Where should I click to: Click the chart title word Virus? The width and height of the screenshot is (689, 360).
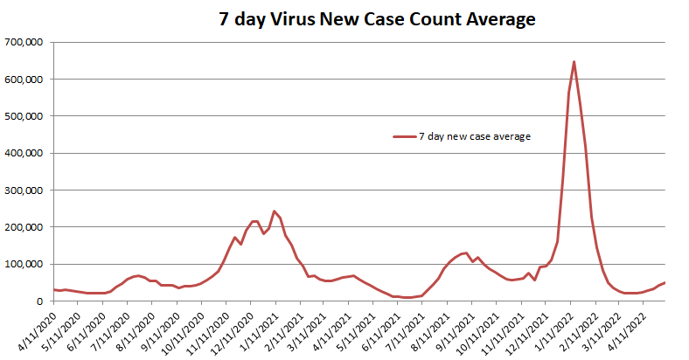(299, 18)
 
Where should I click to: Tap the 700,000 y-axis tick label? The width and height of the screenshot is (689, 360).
(25, 42)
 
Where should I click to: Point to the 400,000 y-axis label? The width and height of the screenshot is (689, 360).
(25, 153)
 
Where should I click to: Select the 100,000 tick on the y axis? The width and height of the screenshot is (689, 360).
(25, 264)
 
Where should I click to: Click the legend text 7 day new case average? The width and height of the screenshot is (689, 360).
(475, 136)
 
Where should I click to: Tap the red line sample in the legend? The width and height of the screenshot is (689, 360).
(404, 136)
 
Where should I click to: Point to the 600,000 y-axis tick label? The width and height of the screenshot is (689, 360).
(25, 79)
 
